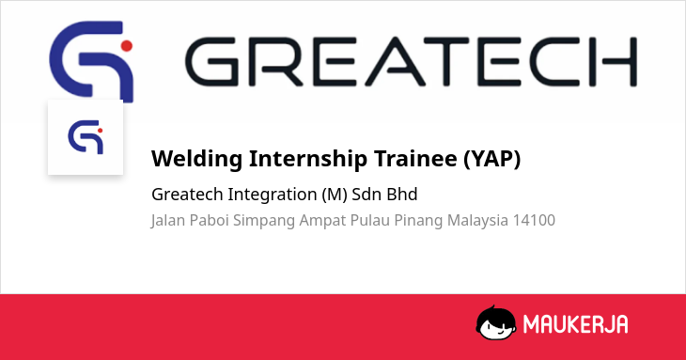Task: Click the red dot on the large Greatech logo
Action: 127,46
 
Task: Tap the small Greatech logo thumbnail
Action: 86,137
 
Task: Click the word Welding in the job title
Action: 197,159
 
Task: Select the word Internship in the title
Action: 308,159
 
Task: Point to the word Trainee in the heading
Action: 415,158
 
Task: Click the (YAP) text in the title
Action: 492,159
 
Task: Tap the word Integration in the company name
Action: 273,195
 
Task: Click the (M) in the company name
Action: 335,195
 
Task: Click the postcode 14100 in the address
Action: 534,220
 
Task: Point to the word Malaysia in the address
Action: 477,221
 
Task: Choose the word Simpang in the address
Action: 264,221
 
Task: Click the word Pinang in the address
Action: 418,221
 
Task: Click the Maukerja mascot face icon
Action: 496,322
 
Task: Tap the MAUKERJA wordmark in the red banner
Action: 576,324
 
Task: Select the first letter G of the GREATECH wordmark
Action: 212,62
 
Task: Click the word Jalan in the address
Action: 168,221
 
